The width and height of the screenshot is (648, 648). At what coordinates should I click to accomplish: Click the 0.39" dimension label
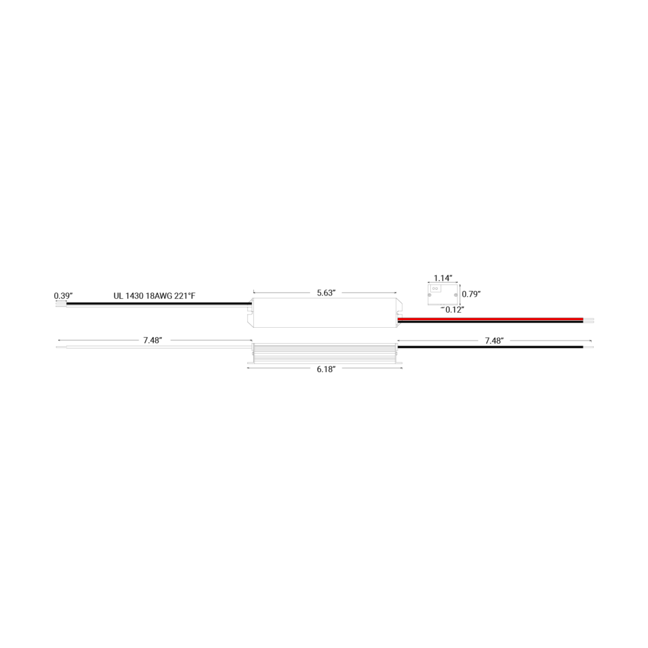point(63,296)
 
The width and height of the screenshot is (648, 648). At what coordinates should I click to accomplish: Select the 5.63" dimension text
point(326,292)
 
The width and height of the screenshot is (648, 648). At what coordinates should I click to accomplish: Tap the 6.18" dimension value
point(325,369)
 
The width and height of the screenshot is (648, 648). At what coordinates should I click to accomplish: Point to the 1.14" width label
point(443,278)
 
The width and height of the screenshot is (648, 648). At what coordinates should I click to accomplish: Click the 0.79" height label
point(471,294)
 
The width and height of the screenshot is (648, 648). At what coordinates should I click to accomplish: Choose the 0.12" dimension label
point(453,309)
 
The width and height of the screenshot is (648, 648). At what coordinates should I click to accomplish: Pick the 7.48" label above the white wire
point(153,340)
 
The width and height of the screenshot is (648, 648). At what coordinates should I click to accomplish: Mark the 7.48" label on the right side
point(494,340)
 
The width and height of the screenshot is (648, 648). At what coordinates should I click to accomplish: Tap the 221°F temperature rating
point(184,296)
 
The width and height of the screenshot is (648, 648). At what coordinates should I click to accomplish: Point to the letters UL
point(118,296)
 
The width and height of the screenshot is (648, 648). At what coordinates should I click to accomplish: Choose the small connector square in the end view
point(435,287)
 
